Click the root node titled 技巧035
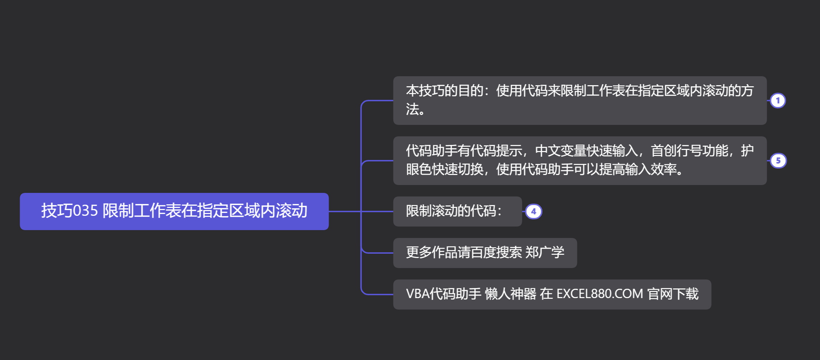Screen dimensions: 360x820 174,211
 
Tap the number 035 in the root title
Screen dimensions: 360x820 85,211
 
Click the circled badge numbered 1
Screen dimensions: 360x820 777,101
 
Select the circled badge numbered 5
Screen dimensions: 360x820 778,161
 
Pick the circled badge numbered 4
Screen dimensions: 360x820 533,211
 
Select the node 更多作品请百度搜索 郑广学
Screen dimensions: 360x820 485,253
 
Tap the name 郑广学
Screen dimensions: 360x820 545,253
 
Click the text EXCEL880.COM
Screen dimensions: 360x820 600,294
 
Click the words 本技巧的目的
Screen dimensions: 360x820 444,91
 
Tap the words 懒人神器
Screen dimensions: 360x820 510,294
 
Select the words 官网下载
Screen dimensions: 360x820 673,294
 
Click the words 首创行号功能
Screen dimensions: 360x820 689,151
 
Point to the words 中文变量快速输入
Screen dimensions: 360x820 587,151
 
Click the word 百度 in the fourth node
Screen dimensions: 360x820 483,253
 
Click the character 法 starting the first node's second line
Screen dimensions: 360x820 412,110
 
